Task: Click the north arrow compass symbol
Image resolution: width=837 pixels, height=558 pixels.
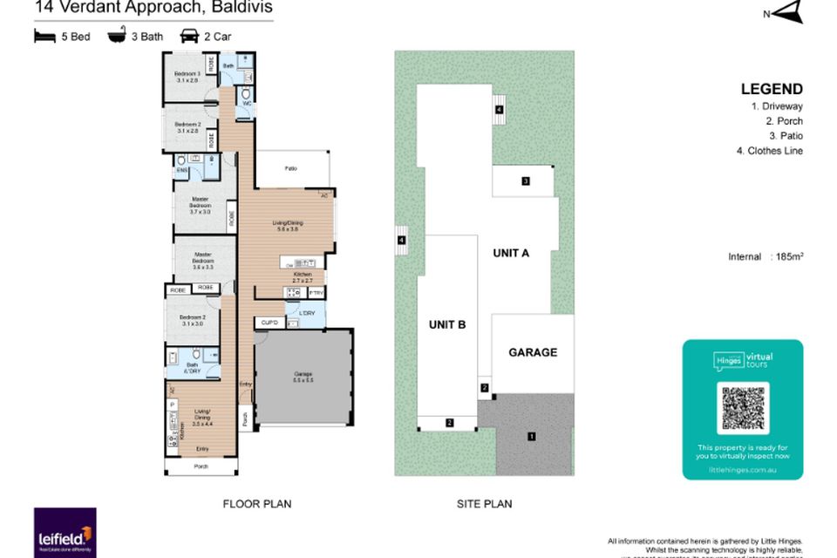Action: coord(786,12)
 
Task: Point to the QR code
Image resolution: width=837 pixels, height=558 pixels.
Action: coord(741,409)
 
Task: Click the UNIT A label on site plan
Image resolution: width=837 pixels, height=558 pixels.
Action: coord(511,253)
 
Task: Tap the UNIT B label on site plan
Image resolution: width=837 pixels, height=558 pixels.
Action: coord(446,324)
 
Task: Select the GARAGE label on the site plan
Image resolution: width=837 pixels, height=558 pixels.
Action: coord(532,352)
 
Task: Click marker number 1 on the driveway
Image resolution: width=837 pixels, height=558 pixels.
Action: coord(531,436)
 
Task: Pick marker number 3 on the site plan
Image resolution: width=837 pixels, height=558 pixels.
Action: coord(526,181)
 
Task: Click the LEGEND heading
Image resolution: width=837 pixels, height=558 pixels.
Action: coord(771,89)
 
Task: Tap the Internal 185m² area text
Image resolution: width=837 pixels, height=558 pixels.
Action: coord(765,256)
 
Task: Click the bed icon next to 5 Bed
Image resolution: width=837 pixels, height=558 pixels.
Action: coord(44,37)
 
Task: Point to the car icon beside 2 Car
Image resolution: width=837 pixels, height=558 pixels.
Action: coord(188,37)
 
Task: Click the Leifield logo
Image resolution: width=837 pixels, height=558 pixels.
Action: coord(65,534)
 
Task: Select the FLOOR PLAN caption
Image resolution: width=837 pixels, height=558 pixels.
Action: coord(256,503)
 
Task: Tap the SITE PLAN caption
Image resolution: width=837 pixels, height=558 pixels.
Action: coord(484,503)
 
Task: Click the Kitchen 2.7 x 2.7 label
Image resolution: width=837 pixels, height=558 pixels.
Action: coord(302,277)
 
